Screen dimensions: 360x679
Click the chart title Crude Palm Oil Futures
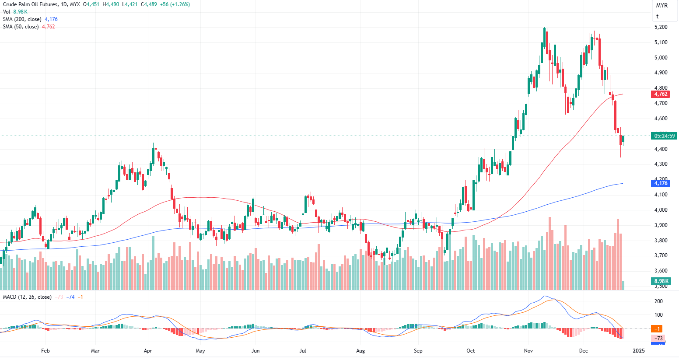pyautogui.click(x=29, y=4)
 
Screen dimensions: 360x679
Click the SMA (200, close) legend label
pyautogui.click(x=22, y=19)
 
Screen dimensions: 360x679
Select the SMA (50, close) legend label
pyautogui.click(x=21, y=27)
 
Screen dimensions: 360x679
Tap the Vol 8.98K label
pyautogui.click(x=15, y=12)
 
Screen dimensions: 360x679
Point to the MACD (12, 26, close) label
pyautogui.click(x=27, y=297)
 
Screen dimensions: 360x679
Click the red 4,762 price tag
pyautogui.click(x=661, y=94)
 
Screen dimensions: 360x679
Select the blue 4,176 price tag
pyautogui.click(x=661, y=183)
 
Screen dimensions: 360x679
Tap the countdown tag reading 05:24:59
pyautogui.click(x=664, y=136)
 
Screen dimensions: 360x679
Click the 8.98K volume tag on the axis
pyautogui.click(x=661, y=281)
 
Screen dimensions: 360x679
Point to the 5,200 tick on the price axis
pyautogui.click(x=661, y=27)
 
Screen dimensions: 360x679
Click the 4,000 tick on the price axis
pyautogui.click(x=661, y=210)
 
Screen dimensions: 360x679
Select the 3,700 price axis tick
pyautogui.click(x=661, y=255)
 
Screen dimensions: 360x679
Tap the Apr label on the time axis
pyautogui.click(x=148, y=351)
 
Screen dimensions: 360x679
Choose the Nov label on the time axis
pyautogui.click(x=528, y=351)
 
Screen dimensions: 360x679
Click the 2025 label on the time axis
pyautogui.click(x=639, y=351)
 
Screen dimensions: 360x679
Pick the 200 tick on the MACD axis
pyautogui.click(x=658, y=301)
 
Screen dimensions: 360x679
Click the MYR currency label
pyautogui.click(x=662, y=6)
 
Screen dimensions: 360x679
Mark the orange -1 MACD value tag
pyautogui.click(x=657, y=329)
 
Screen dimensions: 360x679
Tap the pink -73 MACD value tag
pyautogui.click(x=658, y=339)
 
